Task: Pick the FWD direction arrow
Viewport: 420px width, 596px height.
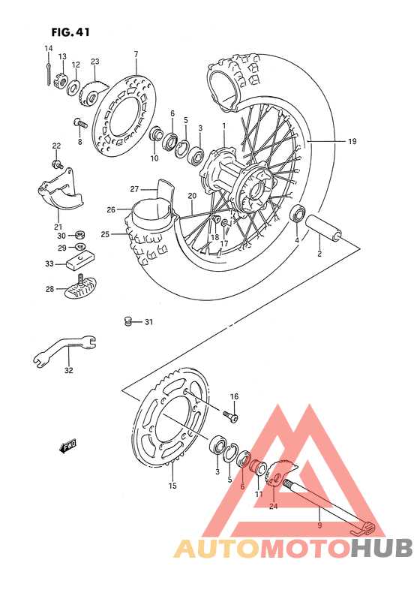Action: (68, 447)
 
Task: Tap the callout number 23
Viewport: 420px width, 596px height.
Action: (94, 61)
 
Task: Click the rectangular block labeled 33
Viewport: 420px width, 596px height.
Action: (79, 263)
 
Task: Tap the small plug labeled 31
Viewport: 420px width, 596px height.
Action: (127, 322)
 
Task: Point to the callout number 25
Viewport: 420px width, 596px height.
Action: (106, 234)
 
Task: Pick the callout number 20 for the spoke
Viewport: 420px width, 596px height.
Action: (192, 196)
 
